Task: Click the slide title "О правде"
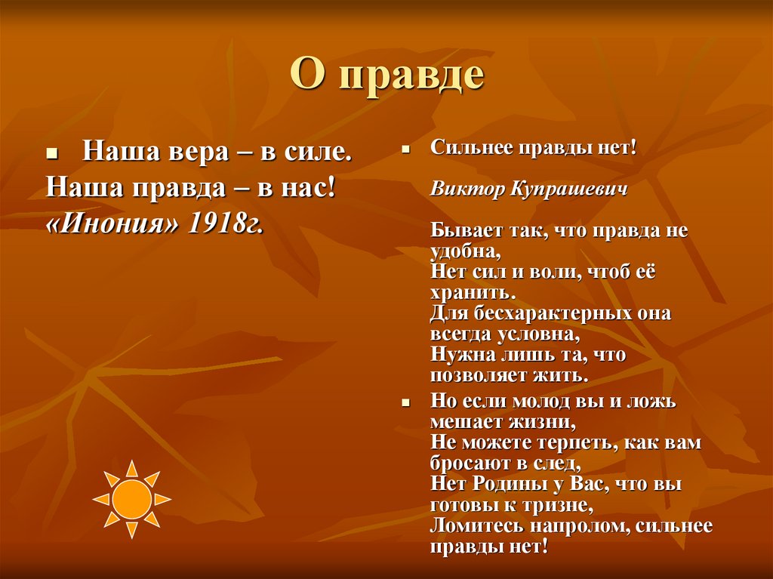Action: tap(386, 76)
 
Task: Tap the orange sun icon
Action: tap(132, 499)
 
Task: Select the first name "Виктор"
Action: tap(459, 189)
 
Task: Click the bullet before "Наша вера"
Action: tap(52, 153)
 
